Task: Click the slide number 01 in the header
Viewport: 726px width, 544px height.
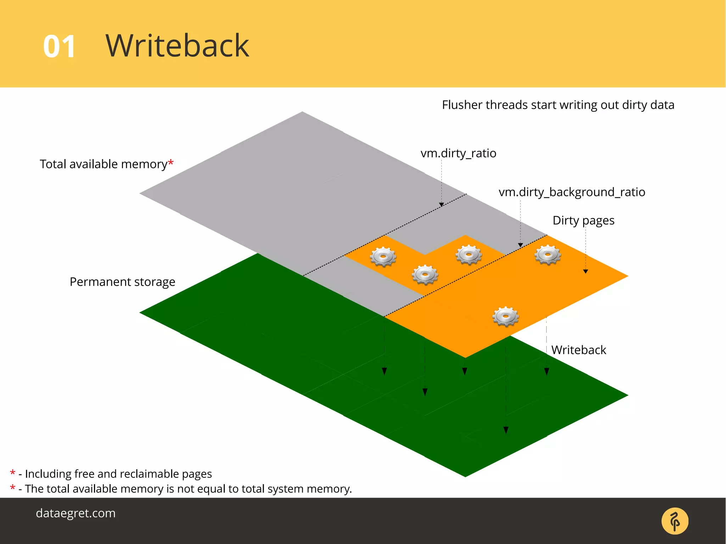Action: coord(59,46)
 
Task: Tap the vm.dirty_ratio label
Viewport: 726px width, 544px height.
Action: coord(458,153)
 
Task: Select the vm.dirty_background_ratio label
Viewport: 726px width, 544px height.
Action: coord(571,192)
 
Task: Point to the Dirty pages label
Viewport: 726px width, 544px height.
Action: coord(583,220)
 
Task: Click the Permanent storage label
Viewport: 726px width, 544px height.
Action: coord(122,282)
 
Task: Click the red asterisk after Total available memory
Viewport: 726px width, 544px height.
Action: coord(171,163)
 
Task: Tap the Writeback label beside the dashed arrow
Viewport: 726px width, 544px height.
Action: coord(579,350)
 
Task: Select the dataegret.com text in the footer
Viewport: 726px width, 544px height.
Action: coord(76,513)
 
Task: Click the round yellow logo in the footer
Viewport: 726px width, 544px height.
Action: coord(675,521)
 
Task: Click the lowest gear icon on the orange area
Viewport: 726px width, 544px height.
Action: coord(506,316)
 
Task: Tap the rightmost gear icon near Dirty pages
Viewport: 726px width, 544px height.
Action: coord(548,254)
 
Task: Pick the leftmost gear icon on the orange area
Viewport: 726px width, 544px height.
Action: coord(383,256)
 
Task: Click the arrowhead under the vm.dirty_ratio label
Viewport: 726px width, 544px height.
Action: coord(441,204)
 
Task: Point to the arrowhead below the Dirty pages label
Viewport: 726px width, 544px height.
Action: coord(586,271)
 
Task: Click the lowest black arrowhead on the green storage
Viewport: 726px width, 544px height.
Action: coord(506,430)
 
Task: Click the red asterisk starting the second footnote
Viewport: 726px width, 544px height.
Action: coord(13,488)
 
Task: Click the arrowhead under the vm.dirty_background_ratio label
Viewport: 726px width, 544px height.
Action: coord(520,245)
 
